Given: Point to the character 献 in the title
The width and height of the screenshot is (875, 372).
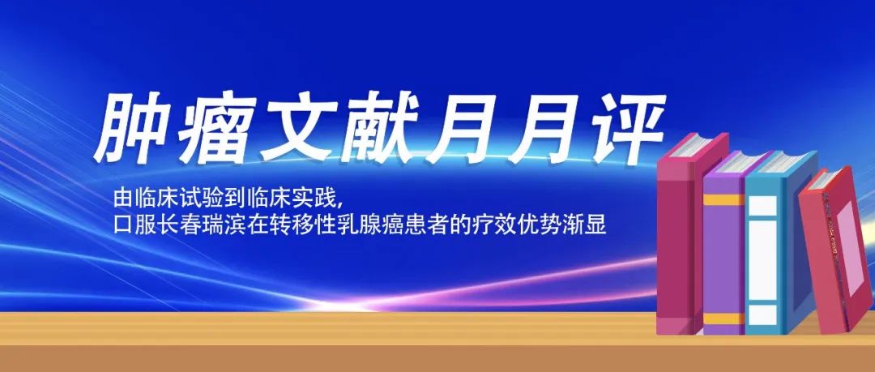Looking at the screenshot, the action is pyautogui.click(x=382, y=128).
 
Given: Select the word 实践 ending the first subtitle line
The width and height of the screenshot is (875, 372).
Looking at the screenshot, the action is pyautogui.click(x=318, y=198).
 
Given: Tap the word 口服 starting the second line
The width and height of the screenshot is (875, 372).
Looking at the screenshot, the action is pyautogui.click(x=131, y=226).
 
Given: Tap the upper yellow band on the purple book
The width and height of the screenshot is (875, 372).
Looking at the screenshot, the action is pyautogui.click(x=723, y=199).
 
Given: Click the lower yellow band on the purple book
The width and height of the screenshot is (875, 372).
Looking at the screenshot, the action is pyautogui.click(x=723, y=319).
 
